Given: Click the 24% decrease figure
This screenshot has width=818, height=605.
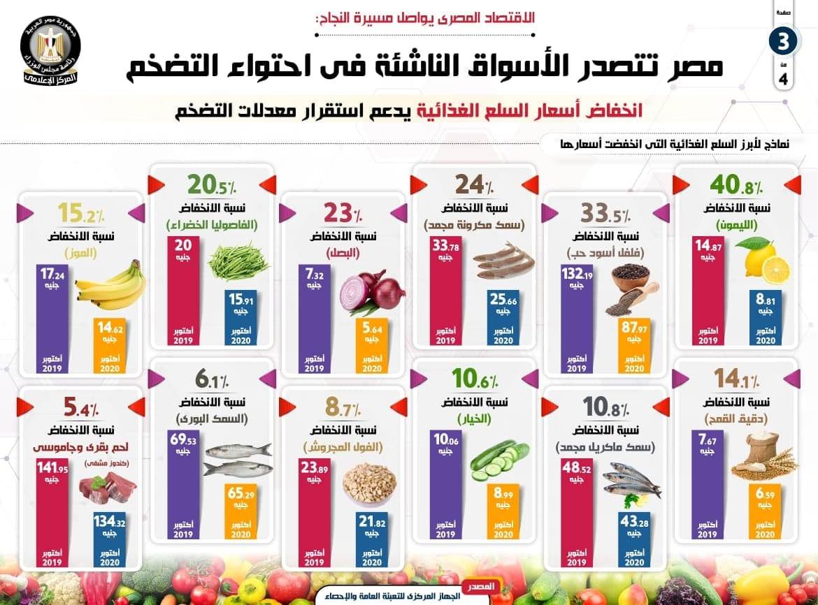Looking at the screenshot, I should click(x=473, y=186).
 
